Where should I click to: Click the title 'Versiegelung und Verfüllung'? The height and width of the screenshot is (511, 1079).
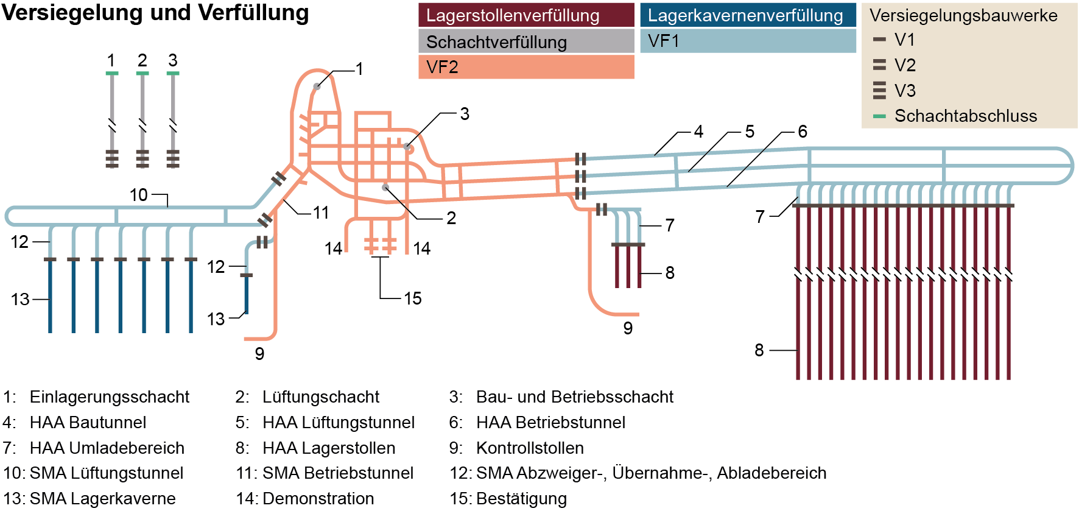coord(155,13)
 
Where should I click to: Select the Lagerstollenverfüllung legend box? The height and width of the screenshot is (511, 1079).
coord(526,15)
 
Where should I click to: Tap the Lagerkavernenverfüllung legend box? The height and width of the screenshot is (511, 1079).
coord(748,15)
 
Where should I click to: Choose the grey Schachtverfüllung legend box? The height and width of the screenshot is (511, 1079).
coord(526,41)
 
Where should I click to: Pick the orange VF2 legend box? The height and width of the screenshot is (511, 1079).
coord(526,67)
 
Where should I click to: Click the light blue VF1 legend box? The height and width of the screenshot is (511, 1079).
coord(748,41)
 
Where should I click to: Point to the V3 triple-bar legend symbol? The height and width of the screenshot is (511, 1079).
coord(879,90)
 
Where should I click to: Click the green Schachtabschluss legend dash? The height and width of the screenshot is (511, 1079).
coord(879,116)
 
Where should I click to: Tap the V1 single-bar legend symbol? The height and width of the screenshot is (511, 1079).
coord(879,40)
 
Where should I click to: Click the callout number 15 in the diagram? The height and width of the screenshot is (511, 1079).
coord(413,298)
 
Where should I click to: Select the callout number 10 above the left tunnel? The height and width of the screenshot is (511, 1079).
coord(139,195)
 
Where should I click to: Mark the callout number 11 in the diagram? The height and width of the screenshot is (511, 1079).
coord(321,213)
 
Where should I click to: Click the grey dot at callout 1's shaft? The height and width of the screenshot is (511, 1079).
coord(317,86)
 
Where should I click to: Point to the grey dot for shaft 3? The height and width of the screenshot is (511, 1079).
coord(407,146)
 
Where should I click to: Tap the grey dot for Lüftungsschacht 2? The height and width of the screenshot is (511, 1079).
coord(385,188)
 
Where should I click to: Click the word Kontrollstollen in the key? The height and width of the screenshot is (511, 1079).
coord(530,448)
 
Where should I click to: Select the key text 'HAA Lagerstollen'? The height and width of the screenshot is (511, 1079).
coord(329,448)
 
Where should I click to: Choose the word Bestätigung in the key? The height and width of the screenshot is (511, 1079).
coord(521,498)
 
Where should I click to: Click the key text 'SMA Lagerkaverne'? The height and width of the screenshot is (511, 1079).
coord(102,498)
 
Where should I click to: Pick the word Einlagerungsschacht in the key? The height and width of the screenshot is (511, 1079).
coord(110,397)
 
